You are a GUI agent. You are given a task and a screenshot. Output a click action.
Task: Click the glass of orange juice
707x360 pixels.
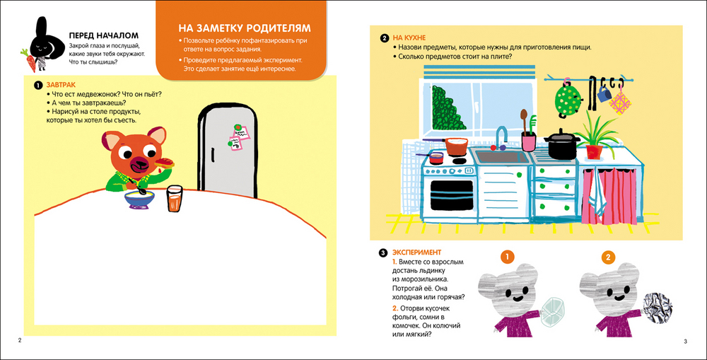[x=175, y=199]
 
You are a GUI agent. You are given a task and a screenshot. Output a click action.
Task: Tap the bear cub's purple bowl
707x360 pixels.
[x=140, y=199]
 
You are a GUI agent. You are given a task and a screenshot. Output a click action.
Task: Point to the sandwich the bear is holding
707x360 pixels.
[x=165, y=163]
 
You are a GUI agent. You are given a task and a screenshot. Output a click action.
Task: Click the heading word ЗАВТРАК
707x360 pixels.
[x=61, y=84]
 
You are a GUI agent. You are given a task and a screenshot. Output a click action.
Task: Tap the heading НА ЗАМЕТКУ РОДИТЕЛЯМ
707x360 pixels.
[x=245, y=28]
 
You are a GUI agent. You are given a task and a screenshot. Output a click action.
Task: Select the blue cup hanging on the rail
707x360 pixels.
[x=603, y=93]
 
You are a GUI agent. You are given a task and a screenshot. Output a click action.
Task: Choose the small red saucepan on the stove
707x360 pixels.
[x=434, y=157]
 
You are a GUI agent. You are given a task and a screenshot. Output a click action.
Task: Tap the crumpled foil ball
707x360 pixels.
[x=656, y=307]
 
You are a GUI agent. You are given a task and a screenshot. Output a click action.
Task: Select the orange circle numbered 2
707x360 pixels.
[x=608, y=257]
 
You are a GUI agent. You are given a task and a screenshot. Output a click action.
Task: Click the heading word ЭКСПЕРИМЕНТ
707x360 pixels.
[x=416, y=252]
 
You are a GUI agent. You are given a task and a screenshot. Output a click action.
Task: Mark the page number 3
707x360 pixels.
[x=685, y=342]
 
